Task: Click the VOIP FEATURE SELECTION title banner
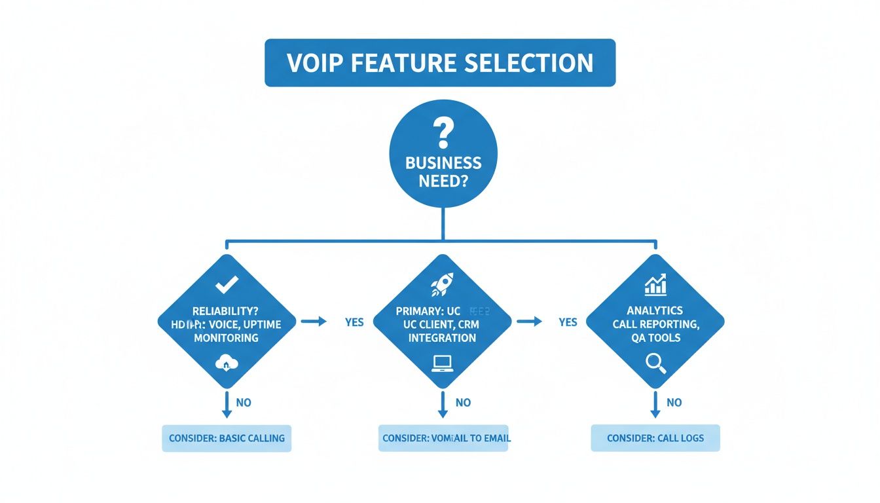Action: (440, 63)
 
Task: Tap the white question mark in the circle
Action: (443, 134)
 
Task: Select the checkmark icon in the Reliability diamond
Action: (227, 284)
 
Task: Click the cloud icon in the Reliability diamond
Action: (227, 363)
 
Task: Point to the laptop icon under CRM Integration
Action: (442, 362)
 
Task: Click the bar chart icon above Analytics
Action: (655, 284)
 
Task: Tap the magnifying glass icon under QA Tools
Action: (655, 363)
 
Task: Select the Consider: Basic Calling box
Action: (227, 438)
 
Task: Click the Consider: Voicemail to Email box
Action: (443, 438)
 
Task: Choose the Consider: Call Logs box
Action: (655, 438)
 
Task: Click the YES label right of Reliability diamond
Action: (354, 322)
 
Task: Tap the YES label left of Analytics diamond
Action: (568, 322)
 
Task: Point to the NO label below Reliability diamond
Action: (244, 403)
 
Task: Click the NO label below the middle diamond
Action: (463, 403)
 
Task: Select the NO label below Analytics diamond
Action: (674, 403)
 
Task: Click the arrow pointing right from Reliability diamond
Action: (313, 322)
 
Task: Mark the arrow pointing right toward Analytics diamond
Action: (529, 322)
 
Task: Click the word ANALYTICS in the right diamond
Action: (655, 310)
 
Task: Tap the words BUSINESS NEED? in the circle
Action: (443, 172)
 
